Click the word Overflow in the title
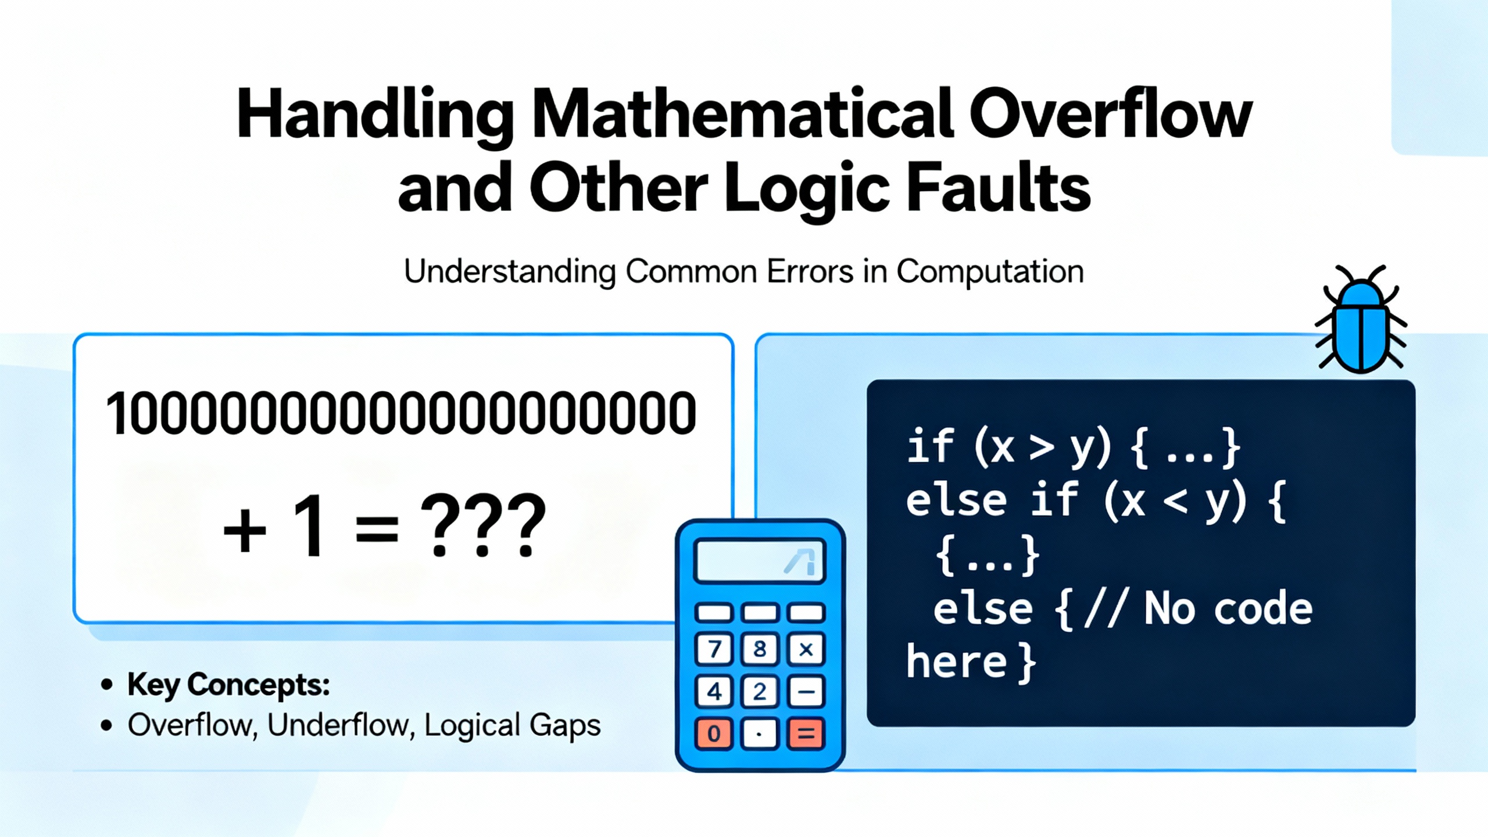point(1110,115)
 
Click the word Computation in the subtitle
point(990,272)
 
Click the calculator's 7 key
point(714,649)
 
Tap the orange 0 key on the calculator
point(714,734)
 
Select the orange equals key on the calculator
point(806,734)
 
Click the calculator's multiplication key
point(806,649)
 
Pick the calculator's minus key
point(806,692)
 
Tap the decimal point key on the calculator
point(760,734)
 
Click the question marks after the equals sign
point(483,526)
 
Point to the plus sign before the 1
point(245,530)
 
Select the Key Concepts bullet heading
point(228,684)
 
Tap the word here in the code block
point(956,661)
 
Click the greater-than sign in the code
point(1041,449)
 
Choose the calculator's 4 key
point(714,692)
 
